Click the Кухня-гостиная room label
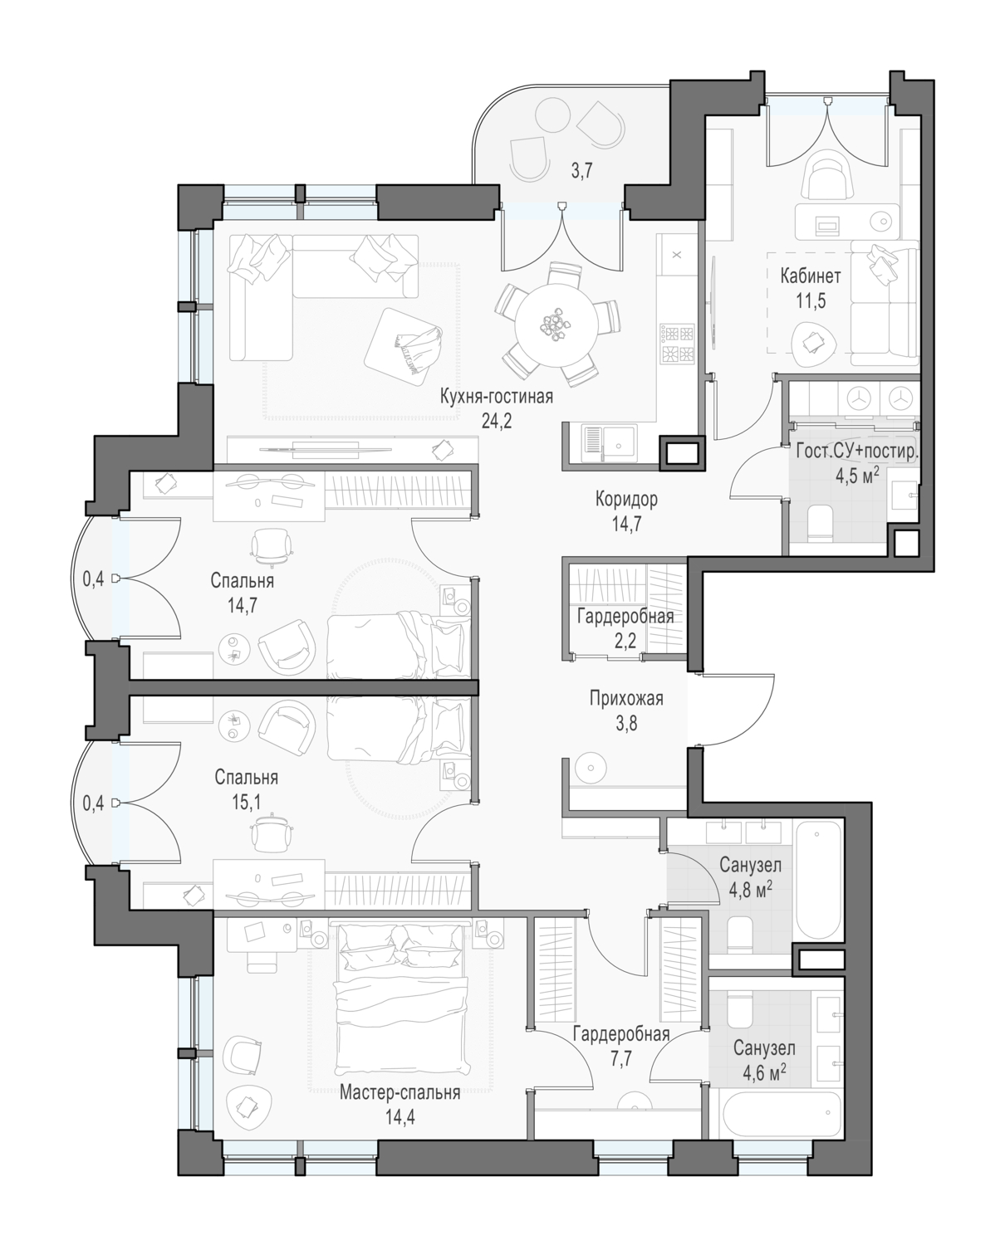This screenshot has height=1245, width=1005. point(496,397)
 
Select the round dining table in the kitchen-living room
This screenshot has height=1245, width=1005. point(557,325)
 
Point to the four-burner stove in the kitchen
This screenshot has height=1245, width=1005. point(677,344)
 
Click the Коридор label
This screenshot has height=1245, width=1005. point(626,500)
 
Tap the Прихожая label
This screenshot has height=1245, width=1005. point(626,699)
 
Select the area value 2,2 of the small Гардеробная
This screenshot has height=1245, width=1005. point(625,641)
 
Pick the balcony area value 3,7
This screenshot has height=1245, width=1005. point(581,171)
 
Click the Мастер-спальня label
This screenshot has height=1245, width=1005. point(400,1092)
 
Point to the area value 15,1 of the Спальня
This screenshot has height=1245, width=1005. point(246,803)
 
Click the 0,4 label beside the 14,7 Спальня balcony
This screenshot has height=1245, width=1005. point(93,579)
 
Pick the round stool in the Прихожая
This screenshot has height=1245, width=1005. point(591,768)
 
